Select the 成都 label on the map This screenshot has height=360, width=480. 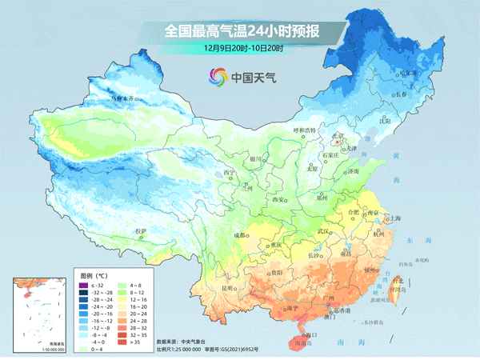240,235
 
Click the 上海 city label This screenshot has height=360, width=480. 394,218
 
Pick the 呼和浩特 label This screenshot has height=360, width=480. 304,130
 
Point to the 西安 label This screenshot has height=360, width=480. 278,199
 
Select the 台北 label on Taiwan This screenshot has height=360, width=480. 398,282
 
